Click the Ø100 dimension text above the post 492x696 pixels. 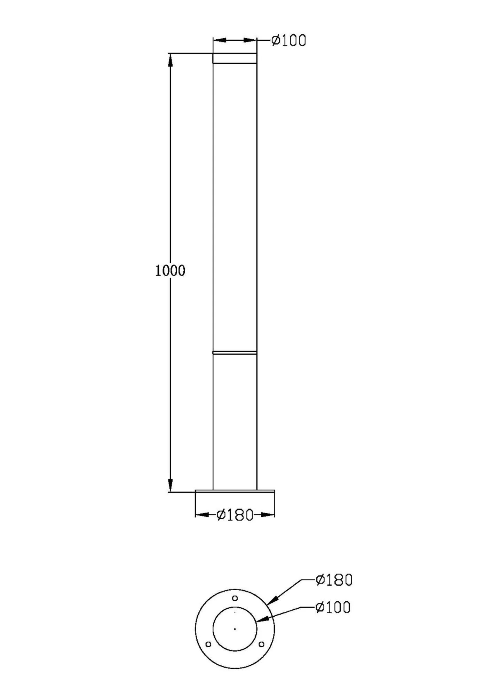pos(288,40)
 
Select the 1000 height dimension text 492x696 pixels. pos(170,271)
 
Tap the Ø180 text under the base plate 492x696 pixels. pos(235,515)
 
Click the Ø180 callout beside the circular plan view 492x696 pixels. pos(334,580)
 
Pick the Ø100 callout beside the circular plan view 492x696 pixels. pos(333,608)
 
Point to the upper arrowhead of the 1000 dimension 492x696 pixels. pos(170,60)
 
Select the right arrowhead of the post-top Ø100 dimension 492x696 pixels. pos(250,40)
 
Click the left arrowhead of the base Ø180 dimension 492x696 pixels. pos(203,515)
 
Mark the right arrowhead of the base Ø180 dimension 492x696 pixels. pos(267,515)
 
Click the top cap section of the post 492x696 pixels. pos(235,58)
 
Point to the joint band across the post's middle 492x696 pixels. pos(235,353)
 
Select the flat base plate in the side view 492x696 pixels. pos(235,491)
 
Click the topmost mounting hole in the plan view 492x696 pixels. pos(235,598)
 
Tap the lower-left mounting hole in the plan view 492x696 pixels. pos(208,644)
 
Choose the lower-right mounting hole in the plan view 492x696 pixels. pos(261,644)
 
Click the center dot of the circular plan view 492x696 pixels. pos(235,629)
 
